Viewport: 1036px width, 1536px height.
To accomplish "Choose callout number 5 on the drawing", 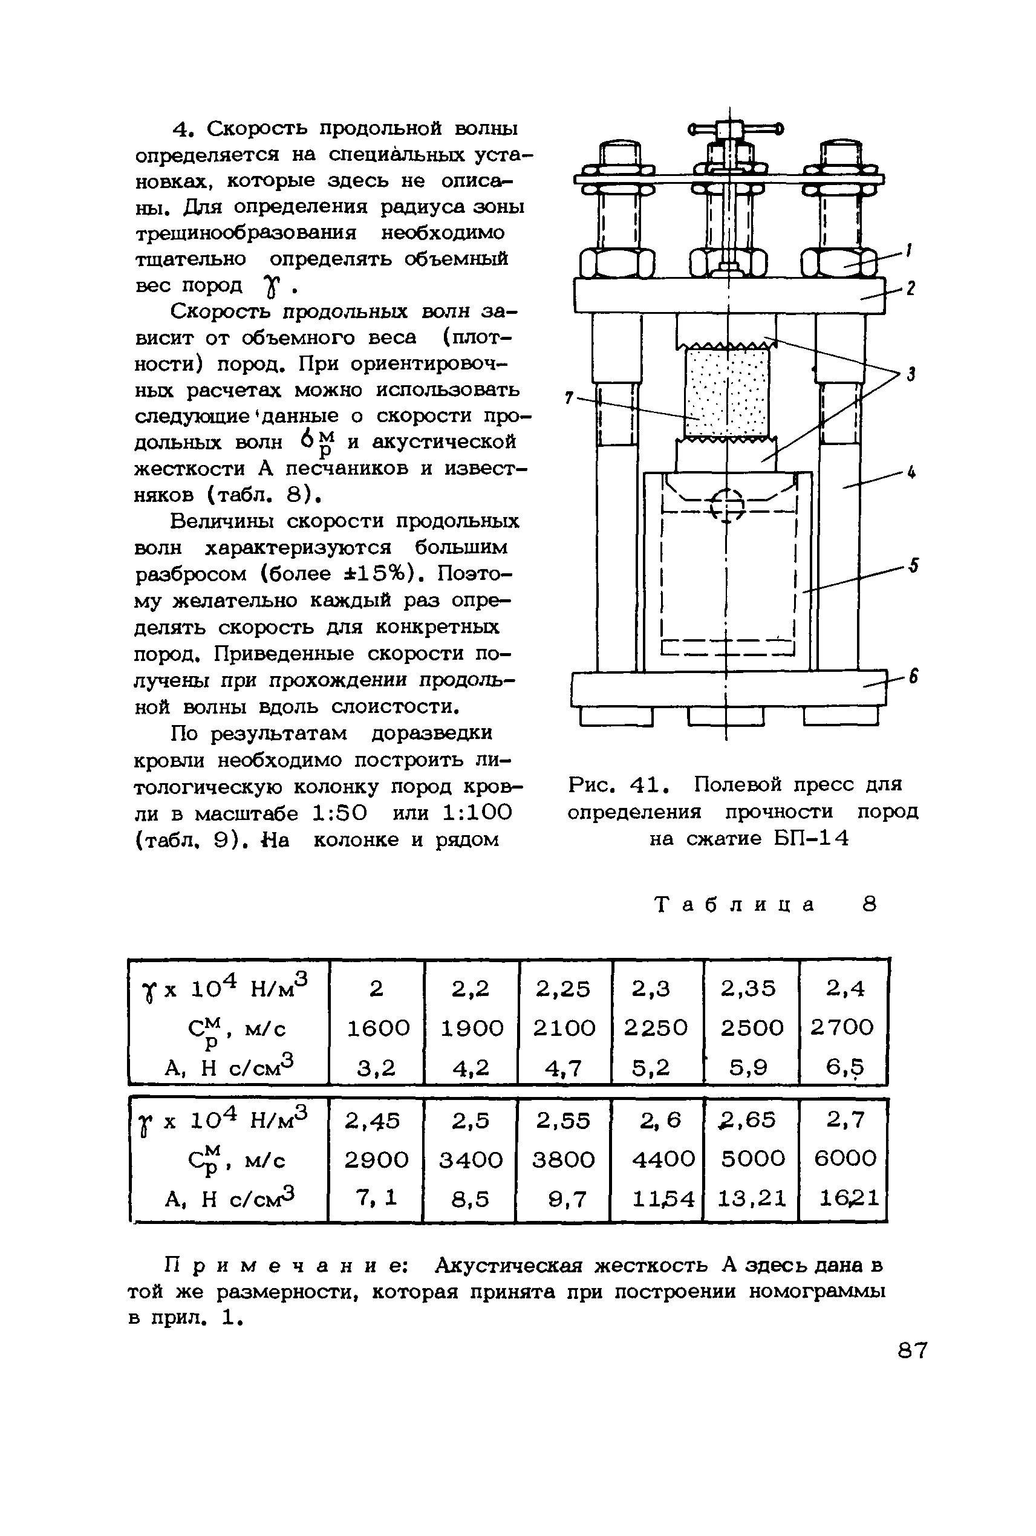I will (913, 565).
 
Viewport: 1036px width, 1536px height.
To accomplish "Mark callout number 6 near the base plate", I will (913, 677).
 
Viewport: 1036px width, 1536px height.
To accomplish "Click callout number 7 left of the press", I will (569, 398).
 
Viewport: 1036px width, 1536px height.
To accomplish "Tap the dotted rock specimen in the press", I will (727, 393).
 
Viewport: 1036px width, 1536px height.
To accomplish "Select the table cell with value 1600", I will (378, 1027).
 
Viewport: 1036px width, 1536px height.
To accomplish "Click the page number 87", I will (913, 1350).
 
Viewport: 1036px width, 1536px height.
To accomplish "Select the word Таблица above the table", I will (735, 904).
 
